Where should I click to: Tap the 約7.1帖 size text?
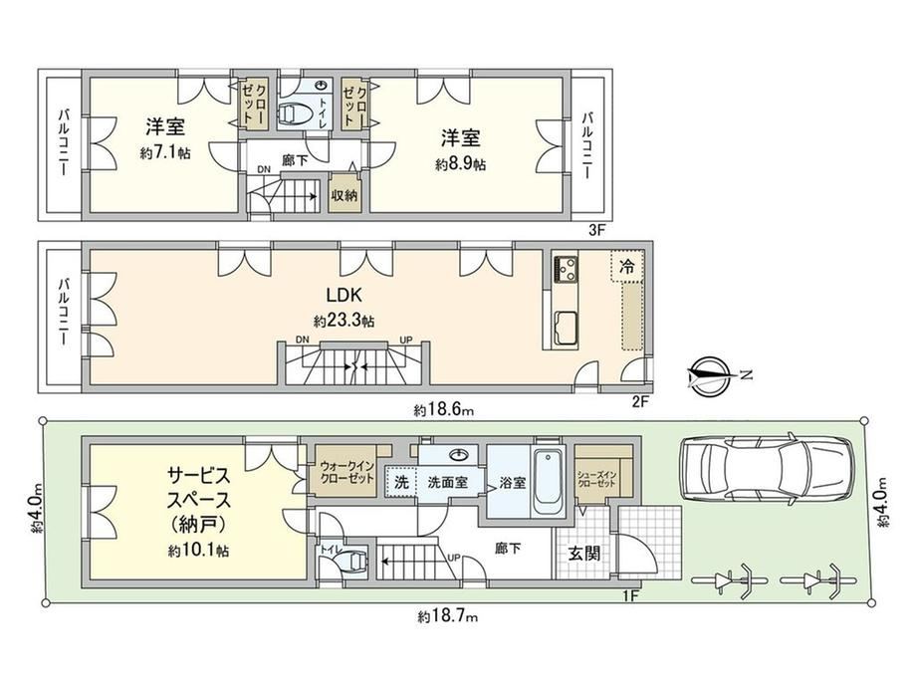(165, 153)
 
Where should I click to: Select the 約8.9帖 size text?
(460, 164)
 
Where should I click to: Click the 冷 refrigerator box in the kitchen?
(627, 267)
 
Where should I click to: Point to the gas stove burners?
(566, 269)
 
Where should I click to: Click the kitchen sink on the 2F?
(566, 328)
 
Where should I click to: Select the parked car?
(766, 467)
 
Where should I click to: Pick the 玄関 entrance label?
(584, 553)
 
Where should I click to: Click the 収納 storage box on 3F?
(344, 195)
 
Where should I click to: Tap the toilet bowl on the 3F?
(296, 114)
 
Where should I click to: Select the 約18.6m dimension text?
(444, 410)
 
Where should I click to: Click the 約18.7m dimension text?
(448, 615)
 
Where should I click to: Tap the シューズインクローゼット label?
(595, 479)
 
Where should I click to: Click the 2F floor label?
(640, 401)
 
